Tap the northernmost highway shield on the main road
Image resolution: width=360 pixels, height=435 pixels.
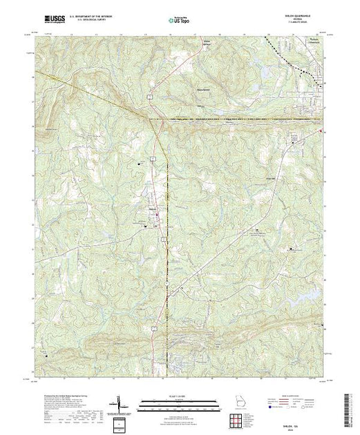tap(150, 101)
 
